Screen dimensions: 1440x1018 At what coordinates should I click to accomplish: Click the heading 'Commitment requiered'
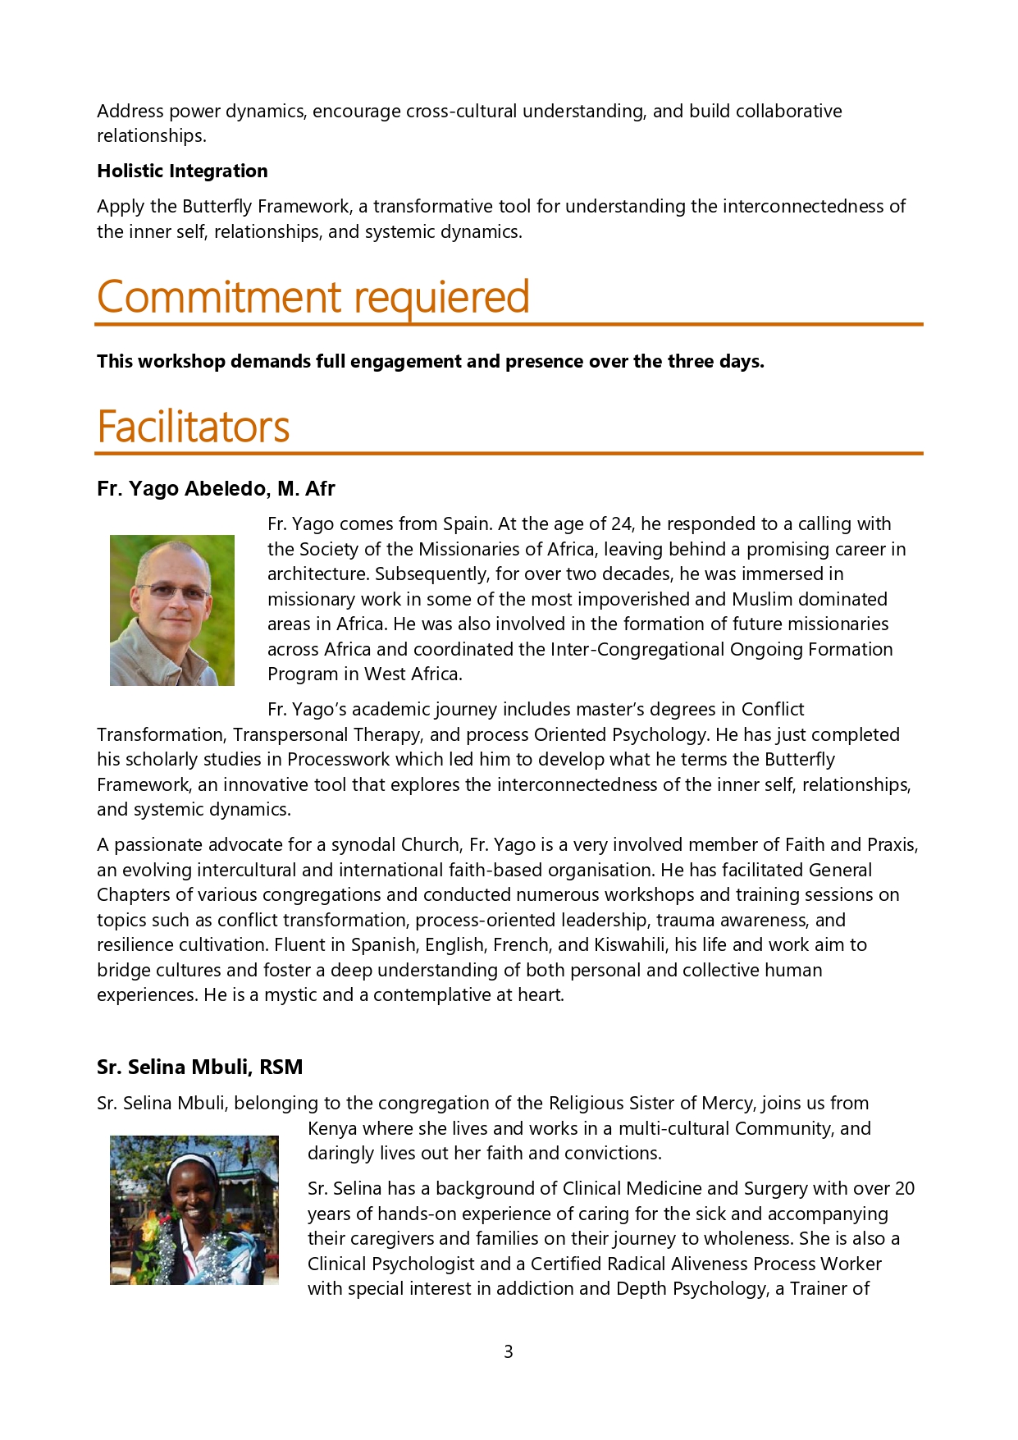[313, 297]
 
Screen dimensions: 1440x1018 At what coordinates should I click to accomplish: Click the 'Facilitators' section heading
[193, 427]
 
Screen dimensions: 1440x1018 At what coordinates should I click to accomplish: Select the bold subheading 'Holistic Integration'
[182, 171]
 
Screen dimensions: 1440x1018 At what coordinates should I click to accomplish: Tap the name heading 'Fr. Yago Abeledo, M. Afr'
[216, 489]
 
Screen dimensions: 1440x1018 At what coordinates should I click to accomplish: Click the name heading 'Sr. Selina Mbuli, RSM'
[199, 1067]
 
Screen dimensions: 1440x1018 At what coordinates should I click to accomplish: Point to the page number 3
[509, 1351]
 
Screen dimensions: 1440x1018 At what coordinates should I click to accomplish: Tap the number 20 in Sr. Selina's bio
[904, 1189]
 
